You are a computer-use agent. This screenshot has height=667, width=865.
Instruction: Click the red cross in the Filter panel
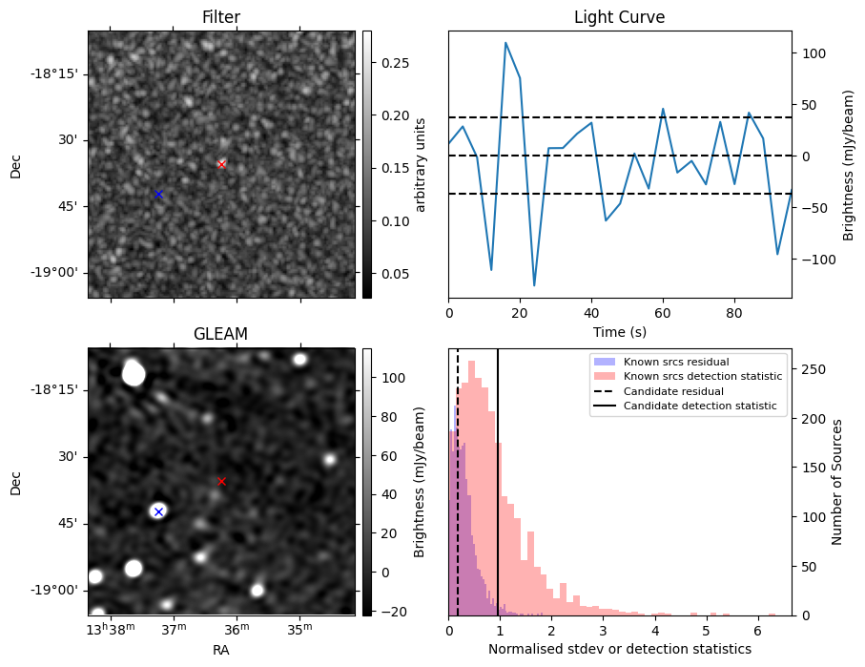tap(221, 164)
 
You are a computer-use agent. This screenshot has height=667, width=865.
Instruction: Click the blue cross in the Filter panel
tap(158, 195)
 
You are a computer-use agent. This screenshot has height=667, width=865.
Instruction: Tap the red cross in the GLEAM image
tap(221, 482)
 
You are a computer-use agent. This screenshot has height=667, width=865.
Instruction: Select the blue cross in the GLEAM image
tap(158, 512)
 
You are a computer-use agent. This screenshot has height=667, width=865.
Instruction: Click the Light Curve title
tap(619, 17)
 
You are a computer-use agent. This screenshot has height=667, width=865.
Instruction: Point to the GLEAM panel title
tap(220, 334)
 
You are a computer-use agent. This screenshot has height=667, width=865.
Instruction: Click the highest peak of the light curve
tap(505, 43)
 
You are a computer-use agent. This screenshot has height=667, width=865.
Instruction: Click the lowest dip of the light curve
tap(534, 285)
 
